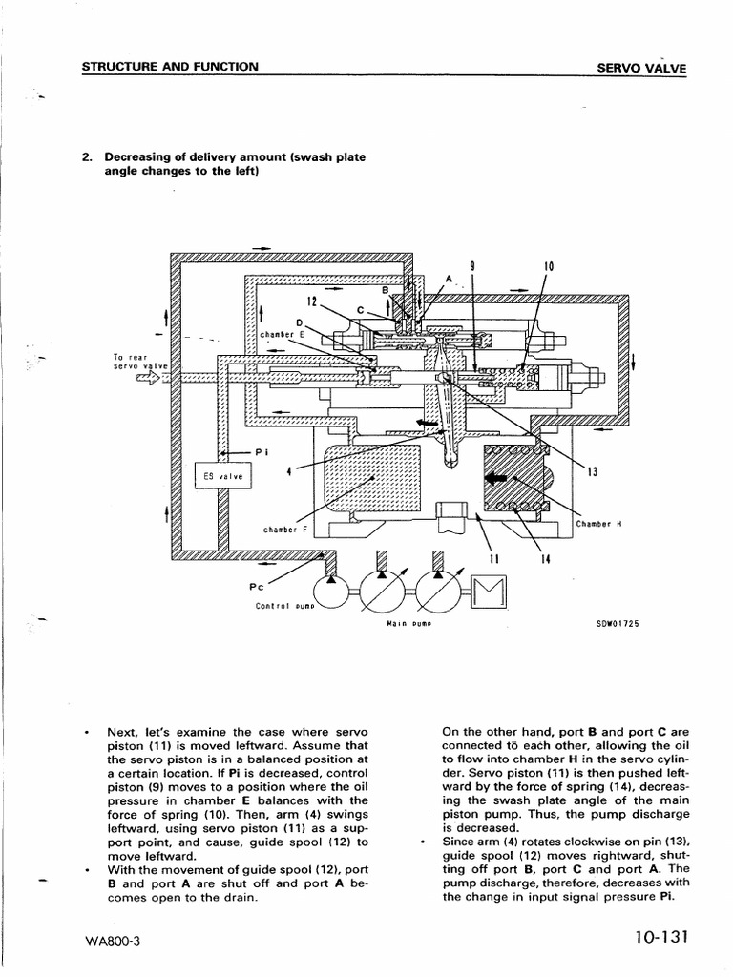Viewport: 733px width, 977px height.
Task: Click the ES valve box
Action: click(223, 476)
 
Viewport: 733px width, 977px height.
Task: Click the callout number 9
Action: click(472, 265)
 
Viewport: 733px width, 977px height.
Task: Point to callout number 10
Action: click(549, 265)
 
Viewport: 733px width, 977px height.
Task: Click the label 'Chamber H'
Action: click(599, 523)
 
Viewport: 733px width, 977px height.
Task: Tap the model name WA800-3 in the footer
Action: click(112, 941)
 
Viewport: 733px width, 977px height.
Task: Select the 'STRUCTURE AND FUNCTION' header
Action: click(170, 67)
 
